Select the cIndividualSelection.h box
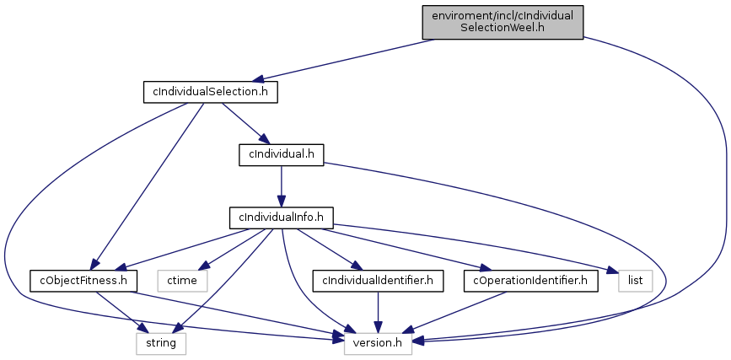(210, 91)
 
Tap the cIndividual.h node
(281, 154)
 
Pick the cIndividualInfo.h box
(281, 218)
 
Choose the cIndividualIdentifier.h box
(379, 281)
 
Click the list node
(636, 281)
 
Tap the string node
(160, 344)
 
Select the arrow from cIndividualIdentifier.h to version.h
(379, 312)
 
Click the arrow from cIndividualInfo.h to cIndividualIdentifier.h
(329, 249)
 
